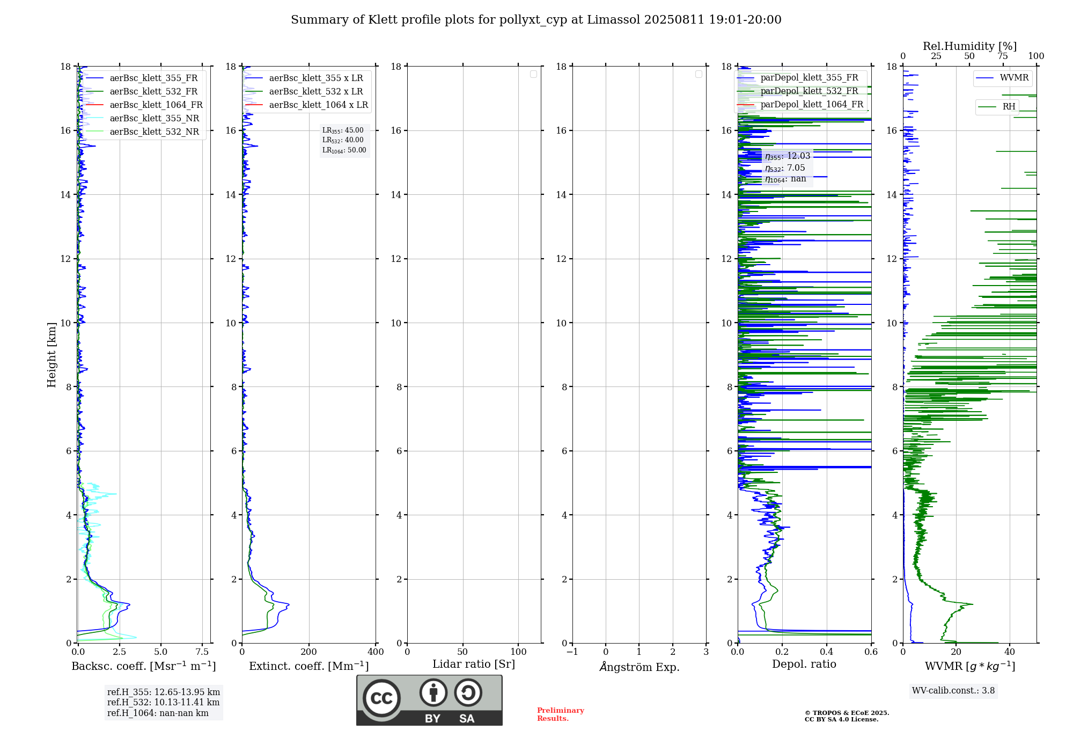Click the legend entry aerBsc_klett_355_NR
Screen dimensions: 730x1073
click(154, 118)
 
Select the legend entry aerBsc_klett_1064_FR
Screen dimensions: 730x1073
click(156, 105)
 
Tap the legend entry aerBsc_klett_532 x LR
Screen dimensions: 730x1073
click(315, 91)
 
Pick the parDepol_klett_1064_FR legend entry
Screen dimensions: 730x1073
click(811, 104)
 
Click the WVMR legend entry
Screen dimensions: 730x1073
click(1013, 78)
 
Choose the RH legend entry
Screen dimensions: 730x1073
click(1008, 106)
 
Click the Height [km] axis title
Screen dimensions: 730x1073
click(52, 355)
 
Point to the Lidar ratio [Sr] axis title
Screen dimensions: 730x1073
click(473, 664)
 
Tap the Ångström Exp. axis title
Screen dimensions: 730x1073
click(639, 667)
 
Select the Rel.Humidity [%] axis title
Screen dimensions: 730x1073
click(969, 46)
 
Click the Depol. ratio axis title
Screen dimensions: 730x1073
click(804, 664)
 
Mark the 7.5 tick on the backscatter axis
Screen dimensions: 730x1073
click(202, 652)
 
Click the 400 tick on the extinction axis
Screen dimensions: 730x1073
click(376, 652)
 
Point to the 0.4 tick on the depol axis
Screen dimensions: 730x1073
click(827, 652)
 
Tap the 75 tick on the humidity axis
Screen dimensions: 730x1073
click(1003, 56)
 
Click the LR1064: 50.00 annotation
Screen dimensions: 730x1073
click(344, 150)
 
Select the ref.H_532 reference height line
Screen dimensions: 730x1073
click(163, 702)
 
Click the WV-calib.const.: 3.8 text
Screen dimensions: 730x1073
click(953, 690)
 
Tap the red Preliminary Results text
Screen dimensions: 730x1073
click(560, 714)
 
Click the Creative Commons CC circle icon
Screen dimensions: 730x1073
click(381, 698)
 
